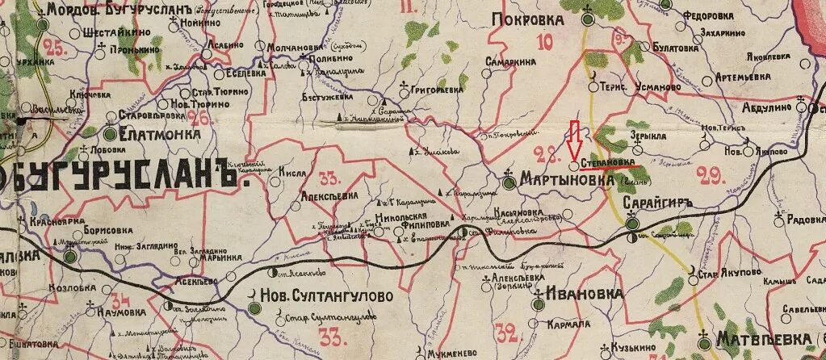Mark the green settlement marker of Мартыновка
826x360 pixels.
point(509,182)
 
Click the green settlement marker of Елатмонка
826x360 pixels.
point(110,133)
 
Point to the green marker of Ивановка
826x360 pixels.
point(539,303)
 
